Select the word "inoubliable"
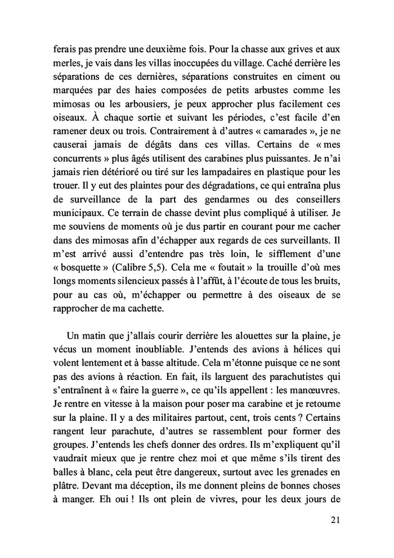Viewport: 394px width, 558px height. (135, 350)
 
